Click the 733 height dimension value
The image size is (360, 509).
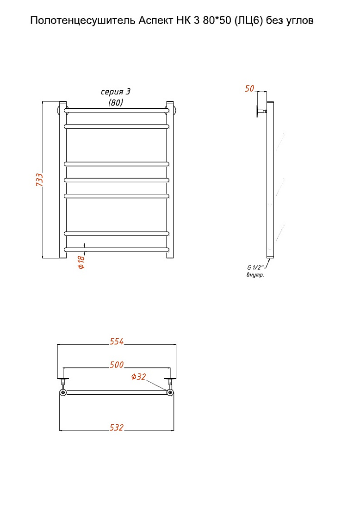pos(39,180)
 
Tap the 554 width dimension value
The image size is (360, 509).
pos(117,341)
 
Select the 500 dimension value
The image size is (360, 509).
pos(117,365)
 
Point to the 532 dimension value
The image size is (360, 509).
pos(117,428)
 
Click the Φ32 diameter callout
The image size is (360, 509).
pos(139,377)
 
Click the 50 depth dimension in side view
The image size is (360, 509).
pos(249,88)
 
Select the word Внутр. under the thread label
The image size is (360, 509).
pos(255,275)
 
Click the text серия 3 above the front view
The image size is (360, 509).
pos(116,92)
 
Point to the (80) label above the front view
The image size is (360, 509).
pos(116,103)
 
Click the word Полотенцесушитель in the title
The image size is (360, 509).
pos(83,21)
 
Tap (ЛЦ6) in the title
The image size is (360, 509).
pos(248,21)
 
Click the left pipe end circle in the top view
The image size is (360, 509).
pos(63,392)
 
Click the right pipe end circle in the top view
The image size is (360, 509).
pos(170,392)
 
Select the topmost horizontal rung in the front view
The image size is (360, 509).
pos(117,111)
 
